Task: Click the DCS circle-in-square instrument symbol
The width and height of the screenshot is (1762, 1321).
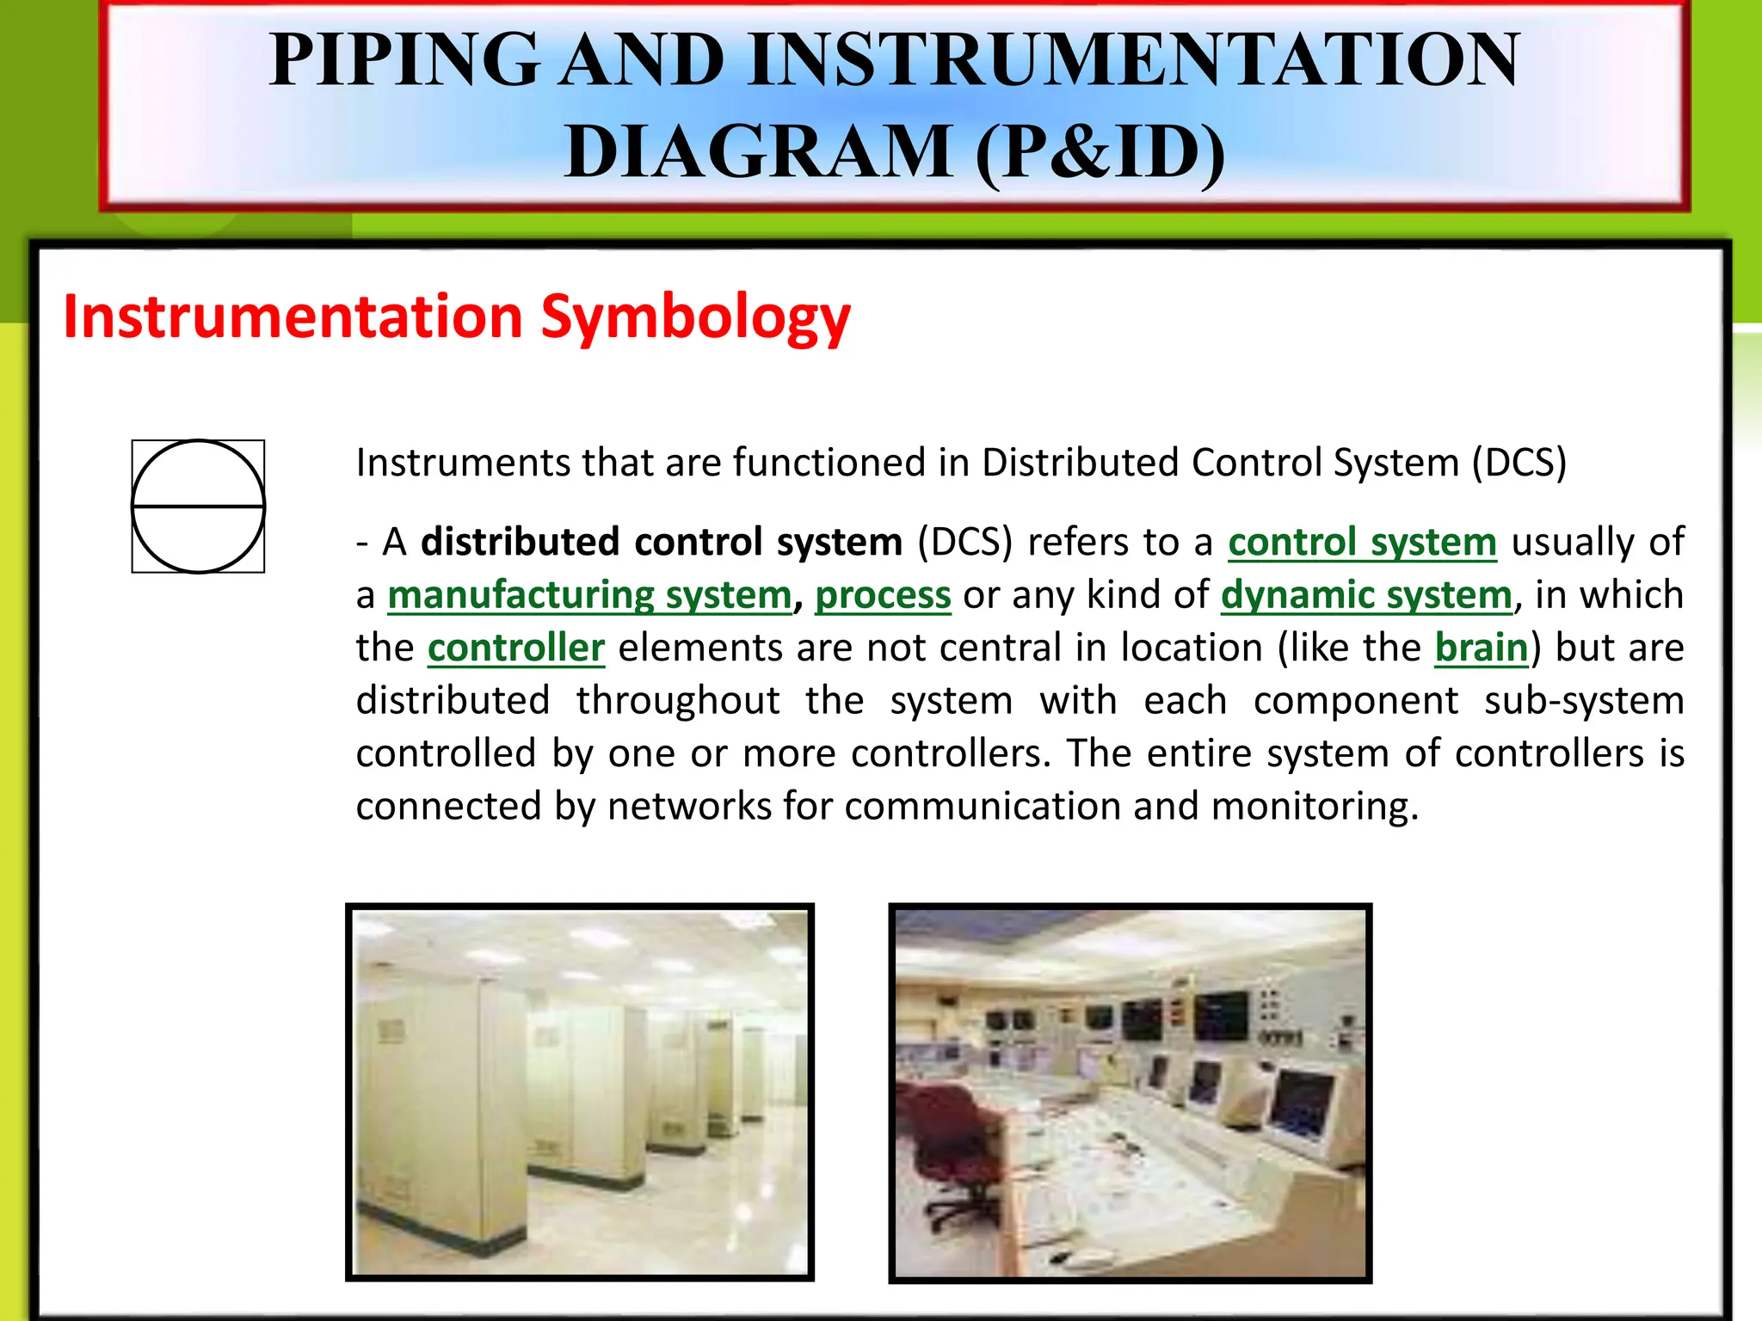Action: point(198,507)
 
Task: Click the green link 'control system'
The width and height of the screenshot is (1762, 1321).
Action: point(1362,543)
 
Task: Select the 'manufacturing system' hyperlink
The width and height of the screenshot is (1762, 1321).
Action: point(589,595)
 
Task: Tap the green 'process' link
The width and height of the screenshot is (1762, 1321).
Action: point(883,595)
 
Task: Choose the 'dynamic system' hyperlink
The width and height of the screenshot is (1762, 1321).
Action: point(1366,595)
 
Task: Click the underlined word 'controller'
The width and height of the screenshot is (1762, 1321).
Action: point(516,648)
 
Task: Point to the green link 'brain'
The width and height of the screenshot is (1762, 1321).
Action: point(1481,648)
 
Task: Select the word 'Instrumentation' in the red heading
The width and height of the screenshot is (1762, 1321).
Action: point(293,316)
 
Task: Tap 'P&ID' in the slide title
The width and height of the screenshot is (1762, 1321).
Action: point(1100,151)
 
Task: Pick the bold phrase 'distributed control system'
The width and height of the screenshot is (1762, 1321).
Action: point(662,543)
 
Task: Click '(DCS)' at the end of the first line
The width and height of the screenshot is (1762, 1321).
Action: point(1519,463)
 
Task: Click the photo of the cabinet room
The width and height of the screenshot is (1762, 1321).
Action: point(580,1092)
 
